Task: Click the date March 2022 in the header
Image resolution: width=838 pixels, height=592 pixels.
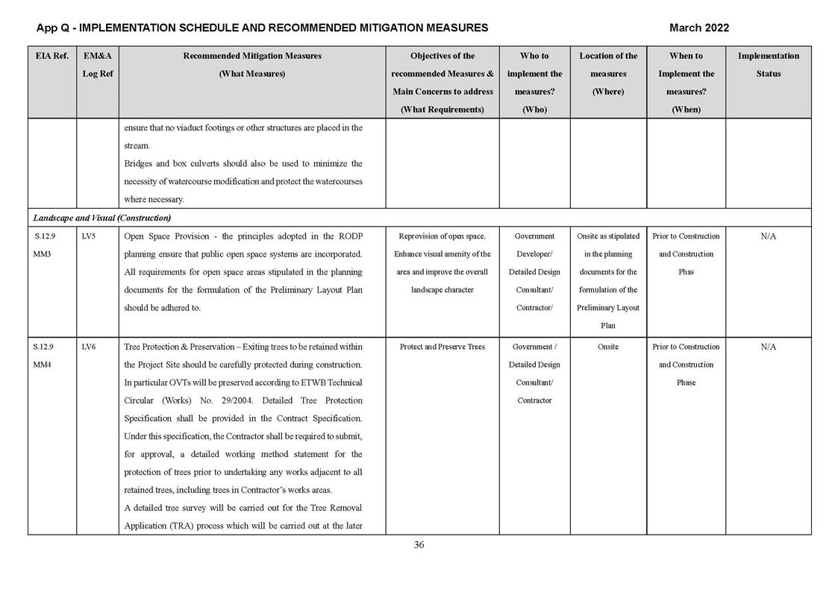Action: [x=698, y=28]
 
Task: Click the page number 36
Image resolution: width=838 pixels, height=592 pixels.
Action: [x=419, y=545]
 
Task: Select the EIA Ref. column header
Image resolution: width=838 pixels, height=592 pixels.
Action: [x=51, y=56]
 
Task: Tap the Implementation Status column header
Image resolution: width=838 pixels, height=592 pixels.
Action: [x=768, y=65]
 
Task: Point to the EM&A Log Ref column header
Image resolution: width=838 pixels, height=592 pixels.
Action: [x=97, y=65]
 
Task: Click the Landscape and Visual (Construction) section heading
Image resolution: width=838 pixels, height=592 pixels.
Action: [x=102, y=218]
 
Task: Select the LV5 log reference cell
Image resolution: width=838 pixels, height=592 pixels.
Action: [x=89, y=236]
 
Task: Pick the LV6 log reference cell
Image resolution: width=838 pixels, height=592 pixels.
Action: [x=89, y=347]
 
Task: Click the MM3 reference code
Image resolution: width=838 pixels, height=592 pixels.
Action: [x=43, y=254]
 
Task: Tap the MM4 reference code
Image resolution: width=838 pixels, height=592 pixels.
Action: [x=43, y=365]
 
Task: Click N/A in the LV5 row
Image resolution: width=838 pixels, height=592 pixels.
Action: [x=768, y=236]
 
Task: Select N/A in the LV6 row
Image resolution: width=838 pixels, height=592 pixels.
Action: [x=768, y=347]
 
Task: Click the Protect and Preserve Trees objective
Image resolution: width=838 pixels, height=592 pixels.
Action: [x=442, y=347]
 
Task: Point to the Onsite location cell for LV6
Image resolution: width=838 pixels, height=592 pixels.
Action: [x=607, y=347]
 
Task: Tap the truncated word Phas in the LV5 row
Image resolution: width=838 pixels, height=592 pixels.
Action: [x=686, y=272]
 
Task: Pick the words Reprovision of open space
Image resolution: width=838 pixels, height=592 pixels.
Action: [x=442, y=236]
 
